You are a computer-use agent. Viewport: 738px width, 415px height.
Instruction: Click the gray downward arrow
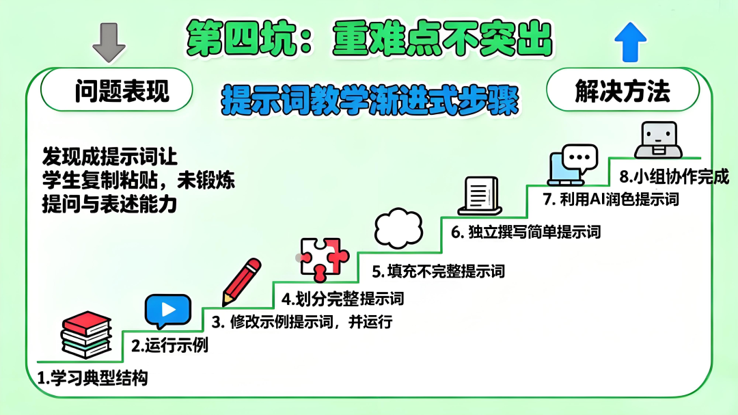click(108, 42)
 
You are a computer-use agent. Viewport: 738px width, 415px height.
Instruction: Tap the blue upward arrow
click(629, 42)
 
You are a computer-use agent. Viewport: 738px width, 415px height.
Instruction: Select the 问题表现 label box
click(116, 90)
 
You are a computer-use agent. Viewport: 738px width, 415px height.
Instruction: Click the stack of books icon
click(85, 335)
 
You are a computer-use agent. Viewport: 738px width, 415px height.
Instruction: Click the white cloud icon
click(398, 228)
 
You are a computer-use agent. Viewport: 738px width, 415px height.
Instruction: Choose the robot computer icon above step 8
click(657, 140)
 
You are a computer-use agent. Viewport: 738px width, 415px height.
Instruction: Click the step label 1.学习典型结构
click(92, 377)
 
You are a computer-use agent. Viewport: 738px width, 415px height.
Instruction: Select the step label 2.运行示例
click(169, 345)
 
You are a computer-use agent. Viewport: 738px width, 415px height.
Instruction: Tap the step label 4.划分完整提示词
click(342, 299)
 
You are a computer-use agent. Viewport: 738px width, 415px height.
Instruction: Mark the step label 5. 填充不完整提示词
click(438, 271)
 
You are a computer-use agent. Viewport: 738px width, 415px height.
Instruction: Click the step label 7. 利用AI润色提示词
click(610, 200)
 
